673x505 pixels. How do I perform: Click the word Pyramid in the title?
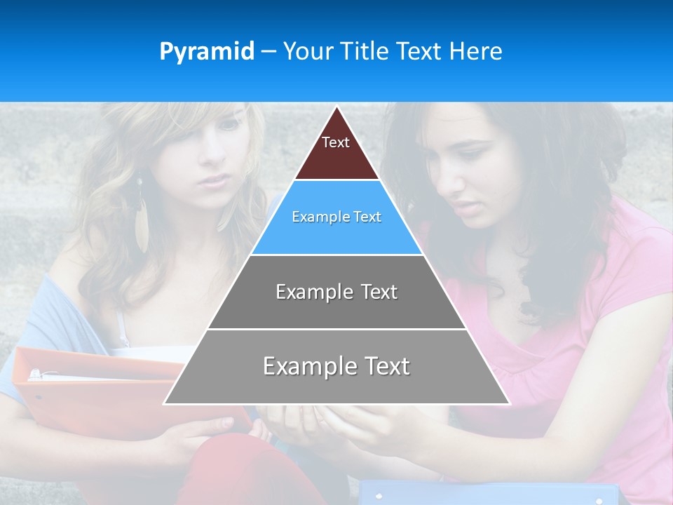206,52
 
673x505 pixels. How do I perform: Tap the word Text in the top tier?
336,142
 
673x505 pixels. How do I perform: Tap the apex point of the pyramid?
336,107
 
